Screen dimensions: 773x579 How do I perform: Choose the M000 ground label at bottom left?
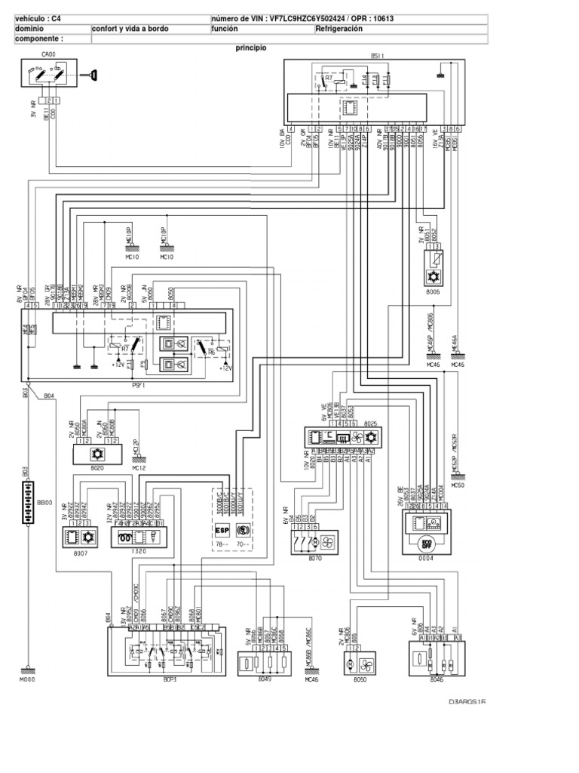[x=27, y=679]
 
